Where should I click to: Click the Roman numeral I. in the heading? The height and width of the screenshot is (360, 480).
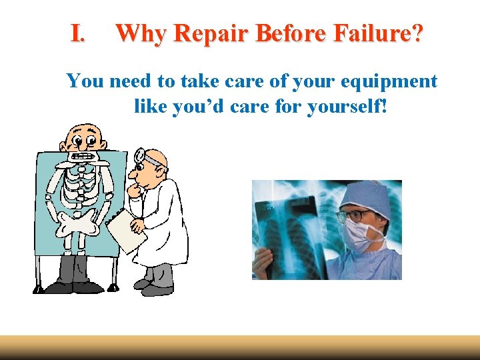point(78,33)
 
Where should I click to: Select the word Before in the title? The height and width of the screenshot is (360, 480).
point(291,33)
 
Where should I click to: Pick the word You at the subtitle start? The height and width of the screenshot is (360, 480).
point(85,81)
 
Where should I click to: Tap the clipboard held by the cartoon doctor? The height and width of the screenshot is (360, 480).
point(127,230)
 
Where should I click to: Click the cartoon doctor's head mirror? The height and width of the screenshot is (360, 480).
point(141,157)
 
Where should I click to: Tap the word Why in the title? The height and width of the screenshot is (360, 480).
point(137,33)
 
